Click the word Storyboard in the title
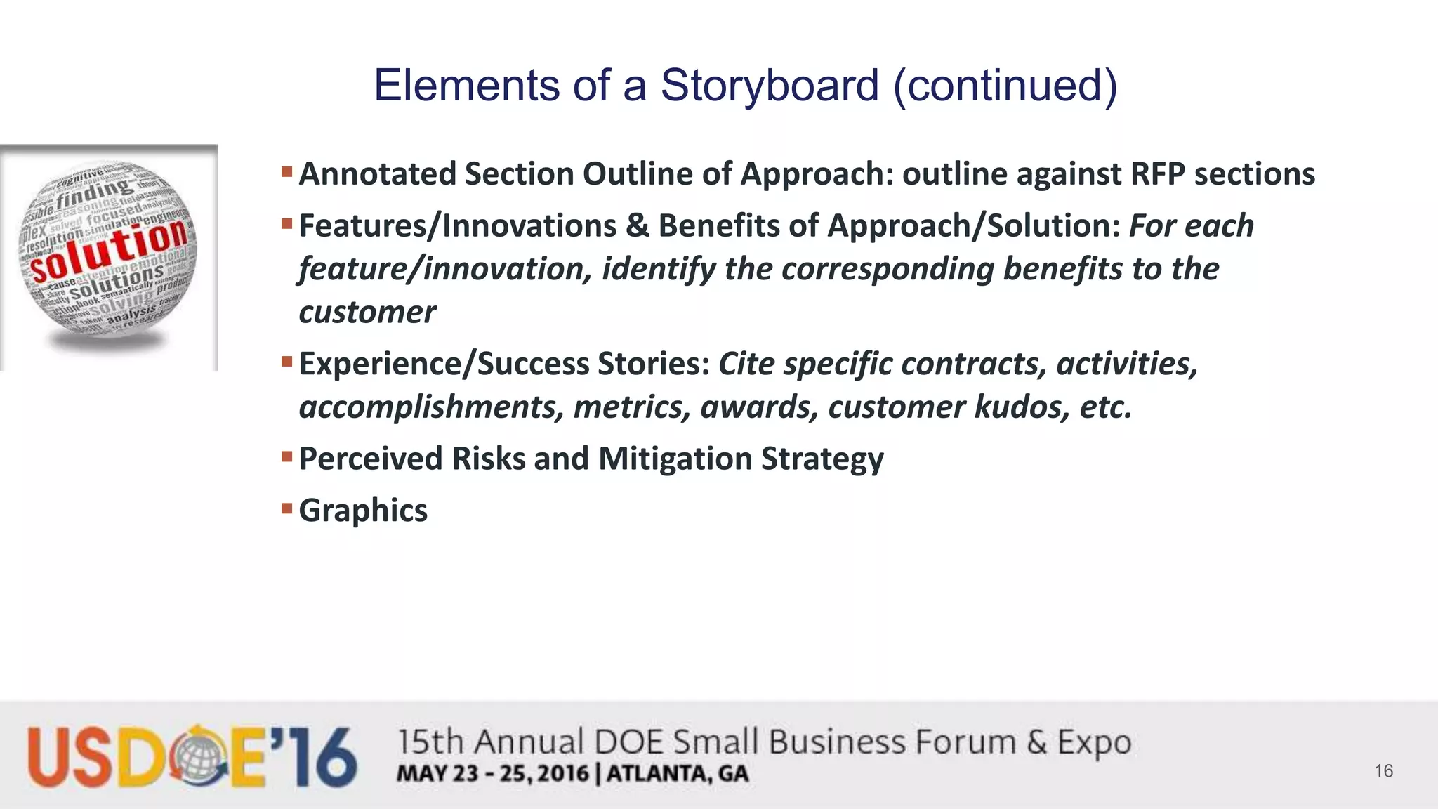770,86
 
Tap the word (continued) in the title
1005,86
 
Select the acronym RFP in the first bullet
1157,174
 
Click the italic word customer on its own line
367,313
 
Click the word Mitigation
675,459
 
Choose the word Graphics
363,511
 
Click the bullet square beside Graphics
286,508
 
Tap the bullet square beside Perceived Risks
286,457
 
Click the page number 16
1383,771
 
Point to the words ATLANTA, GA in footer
678,774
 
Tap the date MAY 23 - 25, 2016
492,774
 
